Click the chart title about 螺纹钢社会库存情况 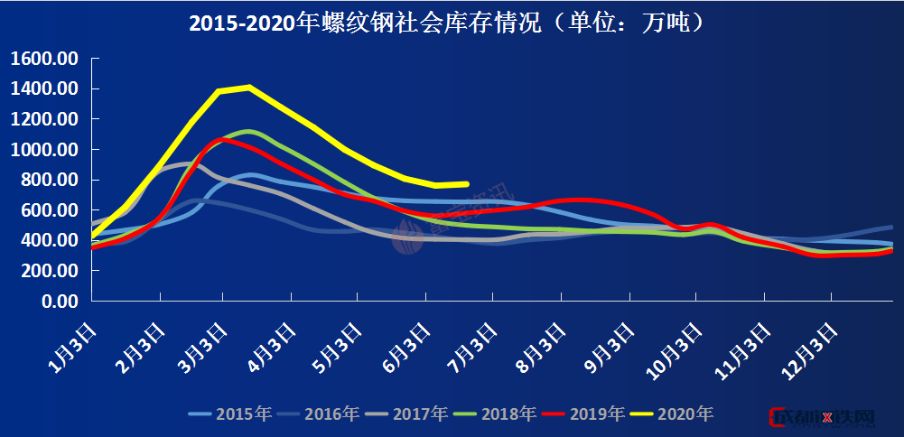click(446, 23)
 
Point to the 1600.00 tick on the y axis click(45, 60)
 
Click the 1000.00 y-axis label click(45, 150)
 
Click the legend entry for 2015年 click(229, 414)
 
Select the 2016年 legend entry click(318, 414)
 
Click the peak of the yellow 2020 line click(248, 88)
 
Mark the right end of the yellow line click(467, 183)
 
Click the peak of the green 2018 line click(248, 131)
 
